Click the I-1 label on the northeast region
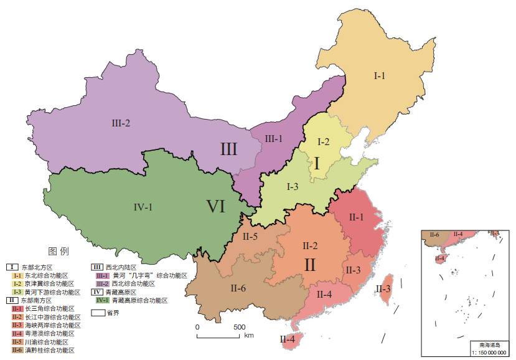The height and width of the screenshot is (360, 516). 380,75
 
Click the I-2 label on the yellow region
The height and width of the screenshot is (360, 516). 323,142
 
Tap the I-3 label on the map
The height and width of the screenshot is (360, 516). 293,186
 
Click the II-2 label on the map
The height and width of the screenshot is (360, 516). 310,245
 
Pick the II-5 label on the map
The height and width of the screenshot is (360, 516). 251,236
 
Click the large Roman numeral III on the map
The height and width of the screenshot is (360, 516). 229,149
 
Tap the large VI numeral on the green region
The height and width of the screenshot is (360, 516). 215,207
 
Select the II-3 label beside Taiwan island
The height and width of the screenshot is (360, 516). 383,288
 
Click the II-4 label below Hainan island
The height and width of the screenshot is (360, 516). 288,339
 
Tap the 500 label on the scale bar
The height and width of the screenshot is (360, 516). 239,326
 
